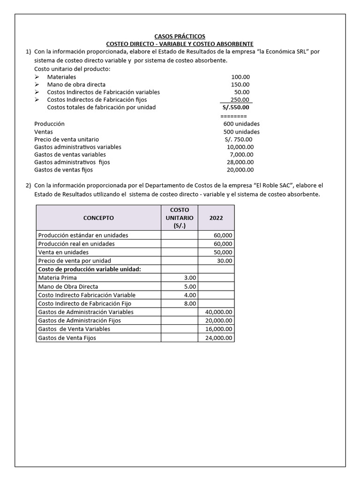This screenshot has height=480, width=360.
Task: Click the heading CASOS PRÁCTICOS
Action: pyautogui.click(x=180, y=36)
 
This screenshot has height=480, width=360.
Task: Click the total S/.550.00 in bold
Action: pyautogui.click(x=236, y=107)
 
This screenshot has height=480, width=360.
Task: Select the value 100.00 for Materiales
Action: pyautogui.click(x=240, y=77)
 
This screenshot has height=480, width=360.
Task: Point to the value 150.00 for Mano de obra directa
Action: pyautogui.click(x=240, y=84)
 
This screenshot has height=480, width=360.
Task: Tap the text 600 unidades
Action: pyautogui.click(x=241, y=124)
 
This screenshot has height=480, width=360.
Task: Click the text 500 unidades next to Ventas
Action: pyautogui.click(x=241, y=132)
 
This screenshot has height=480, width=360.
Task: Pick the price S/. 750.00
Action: pyautogui.click(x=238, y=139)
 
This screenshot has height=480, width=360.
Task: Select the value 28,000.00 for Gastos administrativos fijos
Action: pyautogui.click(x=240, y=162)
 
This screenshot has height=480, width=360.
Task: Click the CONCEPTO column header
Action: pyautogui.click(x=98, y=218)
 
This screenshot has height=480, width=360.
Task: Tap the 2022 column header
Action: pyautogui.click(x=216, y=218)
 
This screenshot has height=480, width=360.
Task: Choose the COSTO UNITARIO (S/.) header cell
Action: pyautogui.click(x=179, y=218)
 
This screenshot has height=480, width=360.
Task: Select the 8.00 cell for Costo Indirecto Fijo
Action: pyautogui.click(x=190, y=303)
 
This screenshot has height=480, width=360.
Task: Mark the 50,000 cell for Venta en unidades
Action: pyautogui.click(x=223, y=252)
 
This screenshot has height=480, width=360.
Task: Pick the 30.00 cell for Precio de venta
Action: pyautogui.click(x=225, y=261)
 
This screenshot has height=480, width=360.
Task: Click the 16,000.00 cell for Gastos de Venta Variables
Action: pyautogui.click(x=219, y=329)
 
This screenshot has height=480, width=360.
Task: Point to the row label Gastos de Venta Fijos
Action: pyautogui.click(x=67, y=337)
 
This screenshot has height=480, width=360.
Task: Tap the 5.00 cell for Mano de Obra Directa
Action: pyautogui.click(x=190, y=286)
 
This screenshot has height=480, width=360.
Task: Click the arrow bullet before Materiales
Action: pyautogui.click(x=37, y=77)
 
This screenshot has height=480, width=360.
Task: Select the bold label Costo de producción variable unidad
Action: pyautogui.click(x=89, y=269)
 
